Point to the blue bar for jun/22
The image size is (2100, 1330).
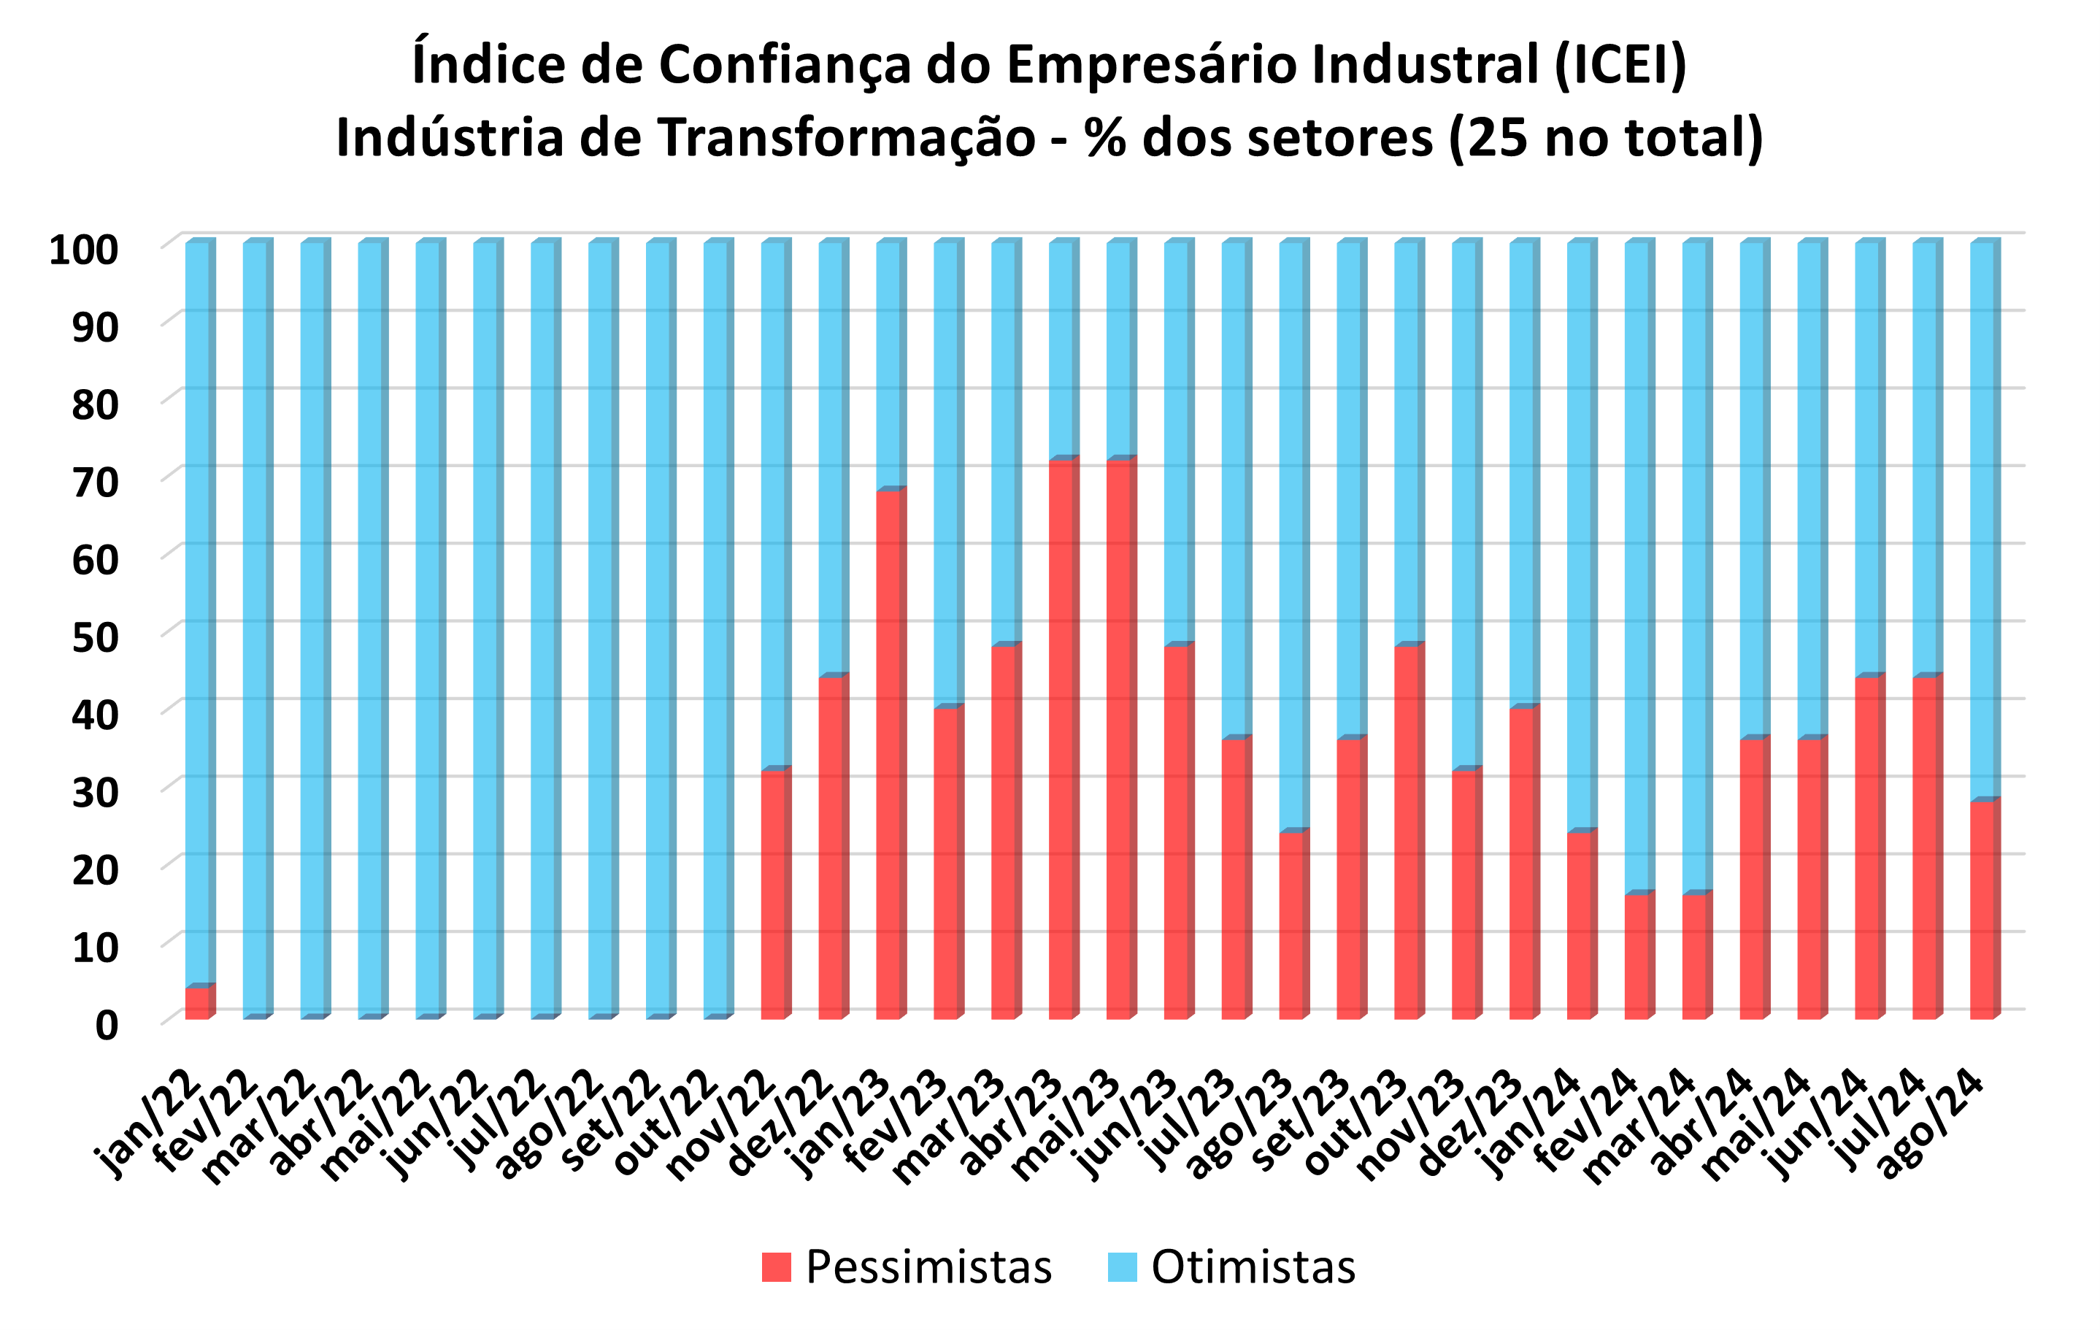coord(485,628)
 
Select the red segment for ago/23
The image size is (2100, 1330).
coord(1291,924)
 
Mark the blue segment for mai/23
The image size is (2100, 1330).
coord(1119,349)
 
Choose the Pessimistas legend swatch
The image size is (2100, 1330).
coord(775,1266)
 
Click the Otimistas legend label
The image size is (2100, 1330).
coord(1253,1266)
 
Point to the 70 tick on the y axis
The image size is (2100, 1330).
coord(95,483)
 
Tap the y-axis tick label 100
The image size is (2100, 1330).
coord(84,250)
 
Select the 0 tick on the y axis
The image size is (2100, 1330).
coord(107,1026)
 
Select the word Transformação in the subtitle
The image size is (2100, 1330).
coord(846,138)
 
